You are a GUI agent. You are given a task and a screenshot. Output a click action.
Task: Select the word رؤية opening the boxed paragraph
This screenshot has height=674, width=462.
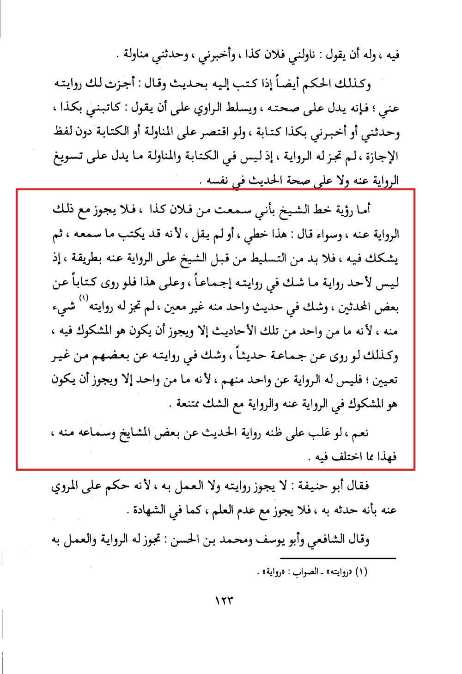342,210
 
